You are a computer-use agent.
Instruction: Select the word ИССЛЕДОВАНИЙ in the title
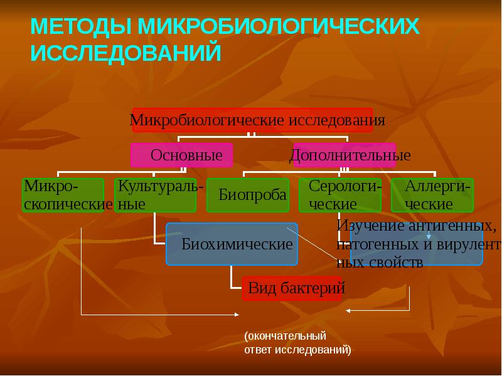(126, 53)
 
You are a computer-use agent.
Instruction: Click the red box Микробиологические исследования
(252, 119)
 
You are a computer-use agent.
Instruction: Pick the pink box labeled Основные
(182, 155)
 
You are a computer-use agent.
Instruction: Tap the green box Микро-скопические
(63, 195)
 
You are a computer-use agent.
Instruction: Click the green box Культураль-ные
(156, 195)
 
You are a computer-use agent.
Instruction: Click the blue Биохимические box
(232, 243)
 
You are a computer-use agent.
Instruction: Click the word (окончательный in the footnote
(286, 336)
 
